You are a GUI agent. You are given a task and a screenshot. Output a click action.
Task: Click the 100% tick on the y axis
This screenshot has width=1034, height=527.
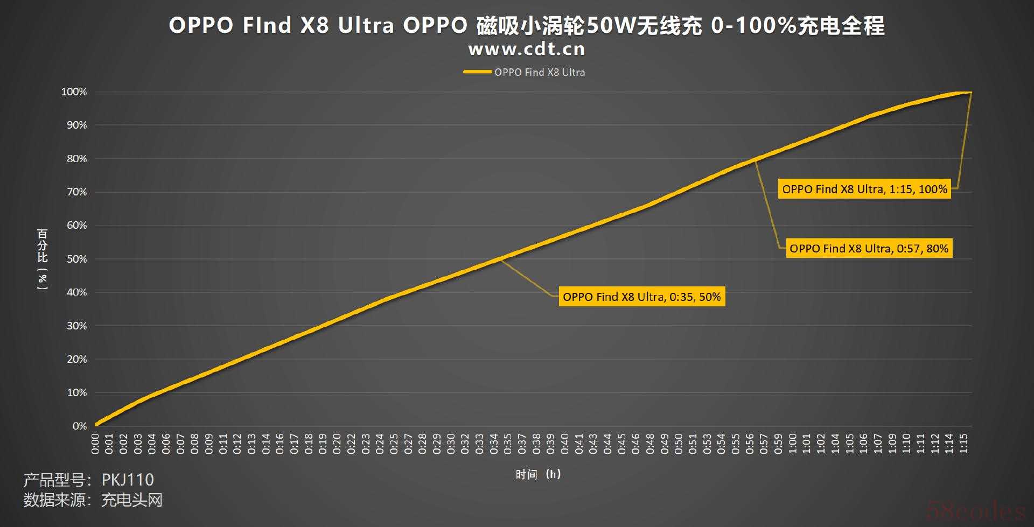click(74, 92)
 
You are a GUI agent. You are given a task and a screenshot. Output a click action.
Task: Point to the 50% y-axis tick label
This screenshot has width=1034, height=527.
click(76, 259)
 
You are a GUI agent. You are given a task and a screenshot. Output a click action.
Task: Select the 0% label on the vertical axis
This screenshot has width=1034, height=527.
click(80, 426)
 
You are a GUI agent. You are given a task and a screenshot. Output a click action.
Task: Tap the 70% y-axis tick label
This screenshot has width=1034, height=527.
click(76, 192)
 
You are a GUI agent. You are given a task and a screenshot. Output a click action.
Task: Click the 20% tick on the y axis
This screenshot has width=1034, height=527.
click(76, 359)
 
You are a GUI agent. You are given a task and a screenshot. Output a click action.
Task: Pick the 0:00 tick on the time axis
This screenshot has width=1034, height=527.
click(95, 444)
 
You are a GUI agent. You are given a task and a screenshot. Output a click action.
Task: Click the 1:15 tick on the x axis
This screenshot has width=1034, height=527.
click(963, 444)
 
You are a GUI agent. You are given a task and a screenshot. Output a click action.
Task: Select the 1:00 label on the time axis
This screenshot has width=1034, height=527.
click(793, 444)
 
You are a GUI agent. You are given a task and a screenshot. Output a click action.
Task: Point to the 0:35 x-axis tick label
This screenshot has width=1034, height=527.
click(508, 444)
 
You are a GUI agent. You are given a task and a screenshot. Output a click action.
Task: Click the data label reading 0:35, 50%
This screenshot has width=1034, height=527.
click(641, 297)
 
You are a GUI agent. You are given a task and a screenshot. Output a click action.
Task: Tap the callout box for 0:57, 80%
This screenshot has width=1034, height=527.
click(869, 248)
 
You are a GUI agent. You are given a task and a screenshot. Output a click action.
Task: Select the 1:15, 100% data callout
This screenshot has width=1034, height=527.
click(864, 189)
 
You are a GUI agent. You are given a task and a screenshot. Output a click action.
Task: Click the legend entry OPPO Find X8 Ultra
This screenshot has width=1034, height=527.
click(539, 72)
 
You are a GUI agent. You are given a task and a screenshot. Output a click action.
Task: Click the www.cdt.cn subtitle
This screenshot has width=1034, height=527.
click(526, 49)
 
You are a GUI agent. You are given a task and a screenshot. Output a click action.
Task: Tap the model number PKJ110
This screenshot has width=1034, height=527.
click(128, 479)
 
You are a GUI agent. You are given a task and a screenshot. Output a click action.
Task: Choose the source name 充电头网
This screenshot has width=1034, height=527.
click(132, 500)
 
